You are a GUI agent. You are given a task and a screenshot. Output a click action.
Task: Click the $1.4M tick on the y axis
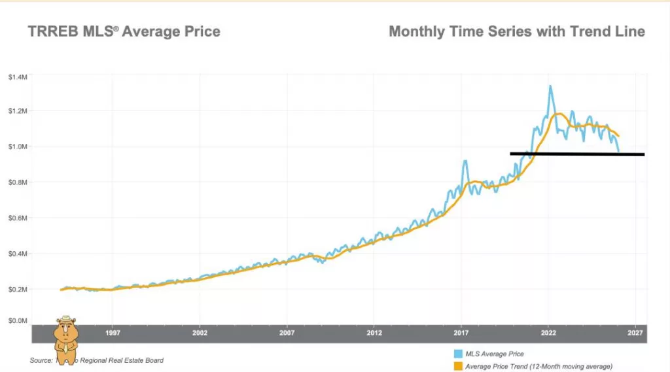[x=18, y=77]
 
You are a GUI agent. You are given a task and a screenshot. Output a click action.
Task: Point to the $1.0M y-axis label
[x=18, y=146]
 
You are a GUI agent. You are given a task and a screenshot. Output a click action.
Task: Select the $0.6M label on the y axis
[x=18, y=218]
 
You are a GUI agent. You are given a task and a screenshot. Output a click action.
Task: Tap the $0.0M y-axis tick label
[x=18, y=321]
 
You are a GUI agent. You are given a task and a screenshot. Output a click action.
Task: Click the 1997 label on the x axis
[x=113, y=333]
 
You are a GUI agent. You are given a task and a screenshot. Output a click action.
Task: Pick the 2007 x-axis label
[x=287, y=333]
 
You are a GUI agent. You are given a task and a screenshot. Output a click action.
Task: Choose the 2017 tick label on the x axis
[x=461, y=333]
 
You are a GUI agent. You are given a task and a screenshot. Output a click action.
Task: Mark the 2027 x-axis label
[x=635, y=333]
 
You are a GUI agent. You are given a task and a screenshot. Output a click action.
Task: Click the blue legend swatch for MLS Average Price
[x=459, y=354]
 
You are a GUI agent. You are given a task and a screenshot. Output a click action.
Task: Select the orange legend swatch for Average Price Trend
[x=459, y=365]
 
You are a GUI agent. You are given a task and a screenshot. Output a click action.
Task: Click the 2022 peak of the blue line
[x=550, y=86]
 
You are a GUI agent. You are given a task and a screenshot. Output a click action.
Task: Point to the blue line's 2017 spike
[x=465, y=161]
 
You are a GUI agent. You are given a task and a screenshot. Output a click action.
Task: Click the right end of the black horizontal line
[x=644, y=155]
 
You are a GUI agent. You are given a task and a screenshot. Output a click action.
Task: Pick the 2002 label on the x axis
[x=200, y=333]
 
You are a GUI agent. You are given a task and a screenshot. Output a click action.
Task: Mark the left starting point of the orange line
[x=61, y=290]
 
